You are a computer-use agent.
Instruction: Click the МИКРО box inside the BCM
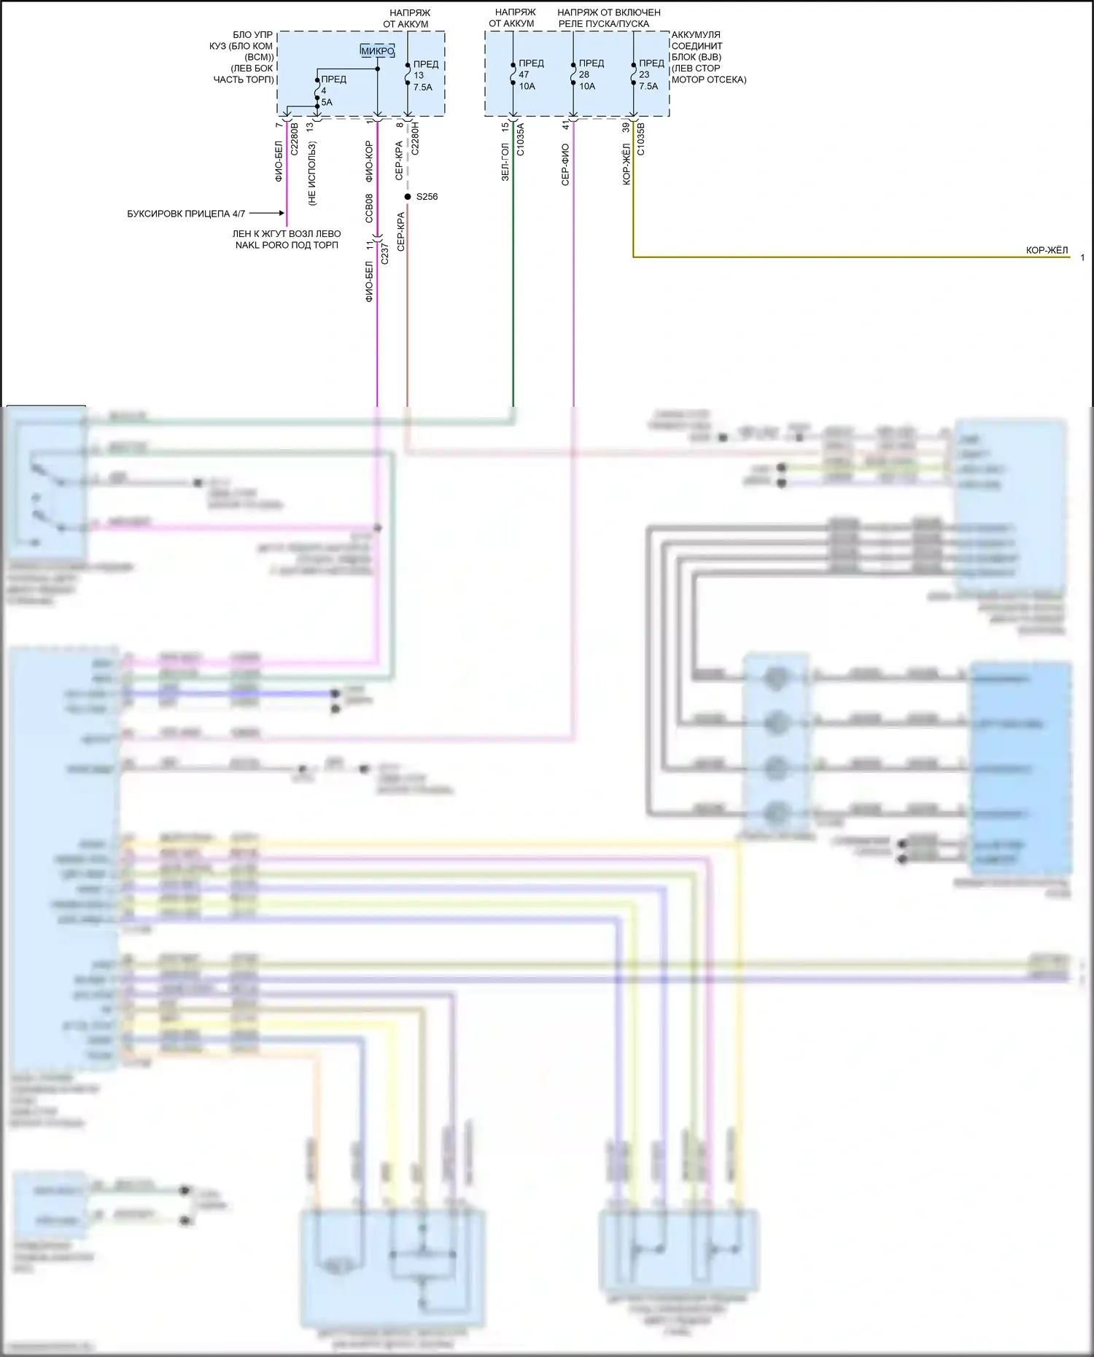[378, 51]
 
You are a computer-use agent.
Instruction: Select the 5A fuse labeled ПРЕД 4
[317, 92]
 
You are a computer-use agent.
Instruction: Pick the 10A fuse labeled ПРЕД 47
[513, 74]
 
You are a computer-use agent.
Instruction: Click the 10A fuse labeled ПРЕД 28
[574, 74]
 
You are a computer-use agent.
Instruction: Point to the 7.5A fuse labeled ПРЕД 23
[634, 74]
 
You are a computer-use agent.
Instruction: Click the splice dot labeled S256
[408, 197]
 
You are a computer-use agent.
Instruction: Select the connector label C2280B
[295, 139]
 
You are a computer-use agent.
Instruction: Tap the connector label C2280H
[415, 139]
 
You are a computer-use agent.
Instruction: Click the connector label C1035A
[521, 139]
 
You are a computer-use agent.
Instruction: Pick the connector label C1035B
[641, 139]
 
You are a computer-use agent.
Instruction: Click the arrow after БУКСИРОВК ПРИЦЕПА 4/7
[271, 214]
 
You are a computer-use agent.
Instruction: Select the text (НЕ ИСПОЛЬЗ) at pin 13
[312, 174]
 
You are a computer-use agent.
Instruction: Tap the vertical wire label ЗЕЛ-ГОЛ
[505, 162]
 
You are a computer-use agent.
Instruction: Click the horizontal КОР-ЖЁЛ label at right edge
[1047, 250]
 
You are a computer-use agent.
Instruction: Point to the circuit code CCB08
[369, 208]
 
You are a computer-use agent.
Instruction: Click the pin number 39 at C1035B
[626, 127]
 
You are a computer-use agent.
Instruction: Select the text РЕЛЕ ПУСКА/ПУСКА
[604, 24]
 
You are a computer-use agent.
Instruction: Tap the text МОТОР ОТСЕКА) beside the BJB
[709, 79]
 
